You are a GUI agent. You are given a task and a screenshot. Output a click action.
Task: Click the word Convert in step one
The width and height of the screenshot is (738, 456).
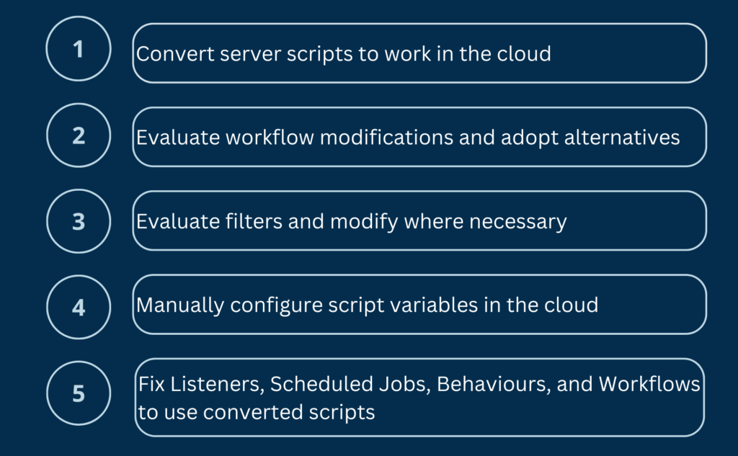pyautogui.click(x=176, y=53)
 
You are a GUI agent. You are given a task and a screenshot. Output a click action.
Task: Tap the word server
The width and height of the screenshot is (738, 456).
pyautogui.click(x=251, y=55)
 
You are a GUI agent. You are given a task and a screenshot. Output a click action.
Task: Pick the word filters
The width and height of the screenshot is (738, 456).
pyautogui.click(x=254, y=221)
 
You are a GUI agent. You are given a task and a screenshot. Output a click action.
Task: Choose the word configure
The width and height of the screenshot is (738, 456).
pyautogui.click(x=276, y=306)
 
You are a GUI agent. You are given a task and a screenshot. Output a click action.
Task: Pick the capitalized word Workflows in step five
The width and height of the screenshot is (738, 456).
pyautogui.click(x=649, y=384)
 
